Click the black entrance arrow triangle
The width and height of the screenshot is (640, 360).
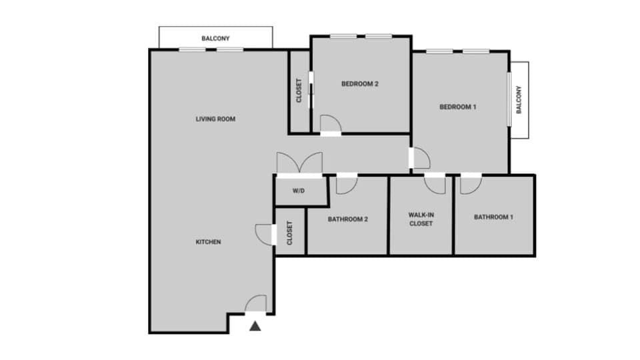pyautogui.click(x=255, y=326)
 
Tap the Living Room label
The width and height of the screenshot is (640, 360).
pyautogui.click(x=215, y=119)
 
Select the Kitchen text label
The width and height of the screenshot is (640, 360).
pyautogui.click(x=208, y=242)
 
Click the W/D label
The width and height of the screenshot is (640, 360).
pyautogui.click(x=299, y=191)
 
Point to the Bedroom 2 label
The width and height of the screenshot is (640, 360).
pyautogui.click(x=360, y=84)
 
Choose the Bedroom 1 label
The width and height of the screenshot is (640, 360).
pyautogui.click(x=457, y=107)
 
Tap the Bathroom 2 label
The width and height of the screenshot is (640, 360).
pyautogui.click(x=347, y=219)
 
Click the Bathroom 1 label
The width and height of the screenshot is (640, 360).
pyautogui.click(x=493, y=217)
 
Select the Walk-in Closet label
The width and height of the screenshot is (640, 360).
pyautogui.click(x=421, y=219)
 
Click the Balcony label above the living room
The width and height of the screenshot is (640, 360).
pyautogui.click(x=215, y=39)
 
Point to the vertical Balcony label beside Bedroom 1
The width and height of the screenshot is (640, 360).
pyautogui.click(x=519, y=100)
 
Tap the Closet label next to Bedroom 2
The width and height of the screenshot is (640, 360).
pyautogui.click(x=299, y=91)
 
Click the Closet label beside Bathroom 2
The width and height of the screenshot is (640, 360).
pyautogui.click(x=290, y=233)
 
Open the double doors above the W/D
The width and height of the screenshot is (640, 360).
pyautogui.click(x=299, y=164)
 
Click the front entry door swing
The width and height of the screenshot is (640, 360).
pyautogui.click(x=257, y=304)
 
